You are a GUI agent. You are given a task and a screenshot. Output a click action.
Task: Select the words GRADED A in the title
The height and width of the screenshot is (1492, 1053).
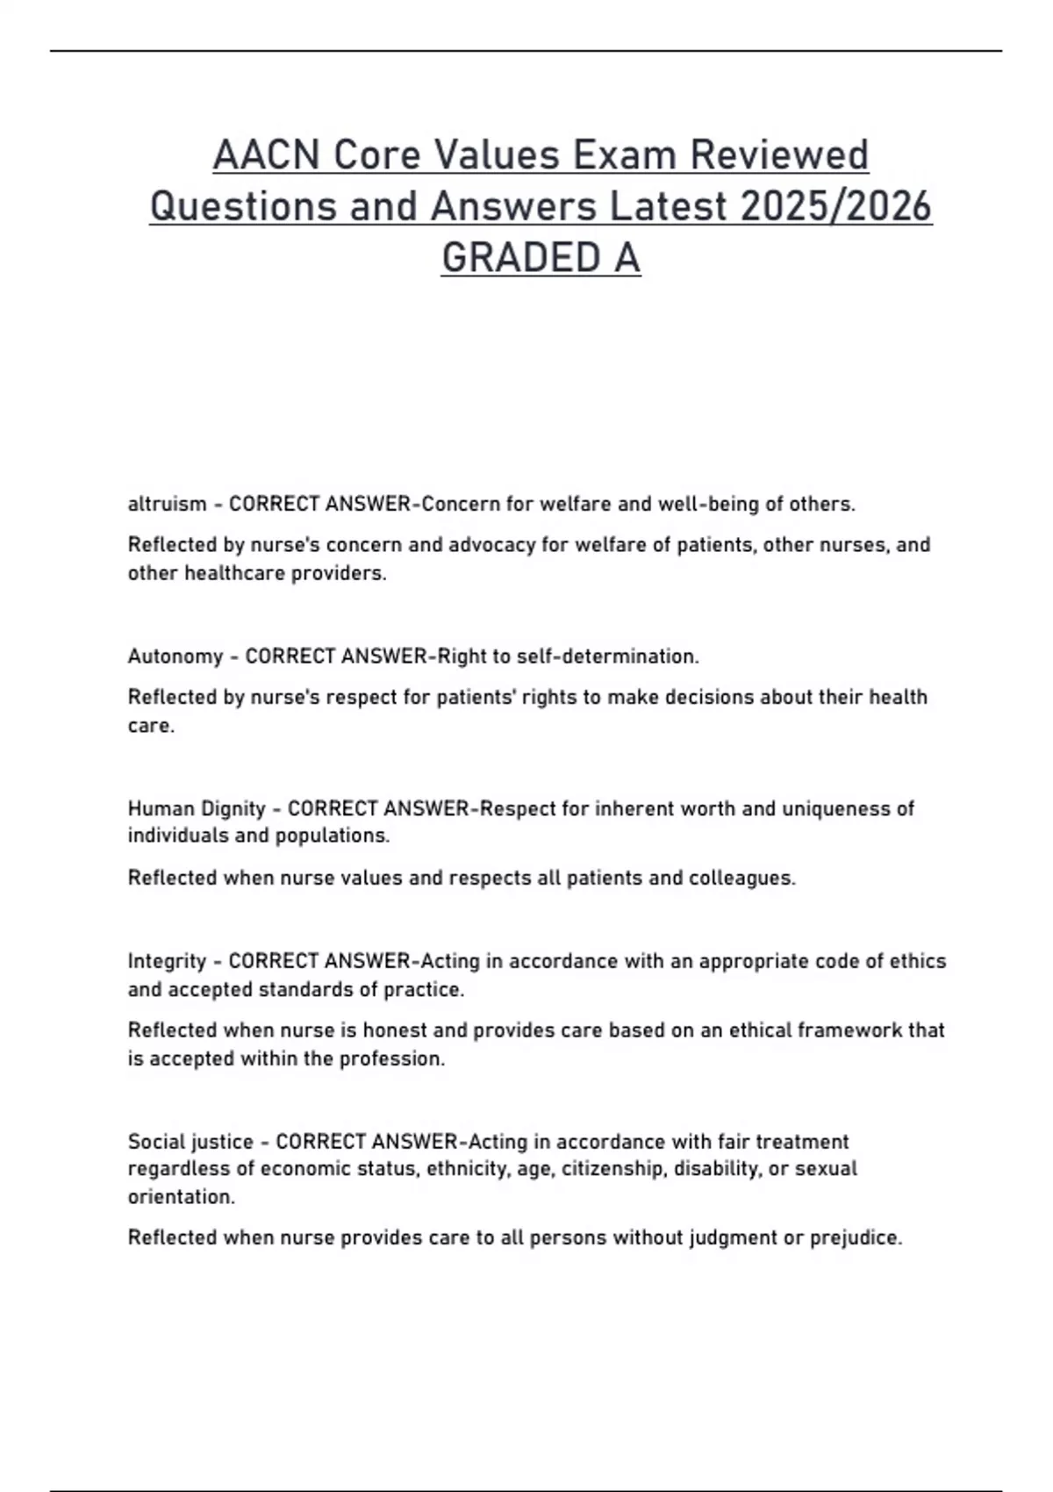click(x=541, y=258)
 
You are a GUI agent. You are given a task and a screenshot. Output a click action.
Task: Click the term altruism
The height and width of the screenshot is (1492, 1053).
click(x=167, y=504)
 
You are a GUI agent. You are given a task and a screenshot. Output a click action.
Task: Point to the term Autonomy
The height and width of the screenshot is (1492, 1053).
click(x=175, y=656)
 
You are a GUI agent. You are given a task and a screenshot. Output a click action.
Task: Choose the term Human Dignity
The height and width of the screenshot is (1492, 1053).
click(x=197, y=808)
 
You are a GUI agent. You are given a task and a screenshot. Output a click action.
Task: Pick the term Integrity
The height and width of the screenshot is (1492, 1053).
click(x=167, y=961)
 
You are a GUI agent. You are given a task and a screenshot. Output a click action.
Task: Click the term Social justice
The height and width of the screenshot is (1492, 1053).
click(x=190, y=1142)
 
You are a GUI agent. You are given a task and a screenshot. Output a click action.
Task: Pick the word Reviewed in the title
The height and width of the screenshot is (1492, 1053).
click(x=779, y=155)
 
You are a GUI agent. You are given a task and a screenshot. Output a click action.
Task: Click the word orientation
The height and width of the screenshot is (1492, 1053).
click(x=181, y=1197)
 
